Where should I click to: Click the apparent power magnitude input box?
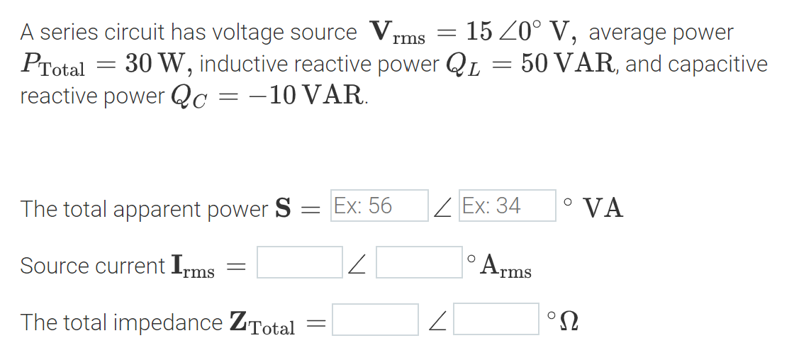point(379,206)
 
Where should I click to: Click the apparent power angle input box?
point(507,206)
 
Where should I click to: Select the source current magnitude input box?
point(300,262)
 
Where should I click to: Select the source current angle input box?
point(419,262)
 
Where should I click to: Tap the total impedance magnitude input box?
point(376,320)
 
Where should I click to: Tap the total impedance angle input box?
point(496,320)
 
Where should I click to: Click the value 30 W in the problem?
point(156,64)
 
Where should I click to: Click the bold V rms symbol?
point(397,33)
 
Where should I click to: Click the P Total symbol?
point(52,67)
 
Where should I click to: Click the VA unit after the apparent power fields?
point(603,208)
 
